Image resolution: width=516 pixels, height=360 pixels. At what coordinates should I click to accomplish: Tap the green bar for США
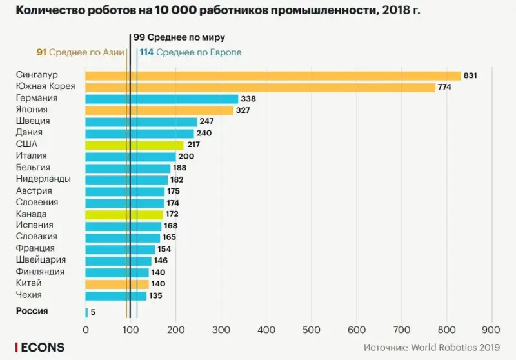(x=134, y=145)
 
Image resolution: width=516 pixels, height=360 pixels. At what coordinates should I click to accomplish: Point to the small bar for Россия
(x=86, y=313)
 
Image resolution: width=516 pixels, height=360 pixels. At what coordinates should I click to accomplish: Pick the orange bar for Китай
(x=117, y=284)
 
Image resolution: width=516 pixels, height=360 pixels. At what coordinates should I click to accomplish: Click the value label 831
(x=470, y=75)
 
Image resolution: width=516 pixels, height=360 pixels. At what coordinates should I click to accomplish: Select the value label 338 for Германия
(x=248, y=99)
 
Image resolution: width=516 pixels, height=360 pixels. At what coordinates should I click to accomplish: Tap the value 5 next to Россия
(x=94, y=313)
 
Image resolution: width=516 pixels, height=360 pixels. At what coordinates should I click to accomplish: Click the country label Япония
(x=31, y=110)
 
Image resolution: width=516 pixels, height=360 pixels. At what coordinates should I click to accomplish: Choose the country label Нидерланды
(x=43, y=179)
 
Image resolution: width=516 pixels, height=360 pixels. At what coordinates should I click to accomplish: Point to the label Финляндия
(x=40, y=272)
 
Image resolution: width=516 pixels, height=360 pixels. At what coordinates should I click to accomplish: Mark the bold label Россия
(x=32, y=311)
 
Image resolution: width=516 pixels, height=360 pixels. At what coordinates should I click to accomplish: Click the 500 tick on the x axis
(x=312, y=329)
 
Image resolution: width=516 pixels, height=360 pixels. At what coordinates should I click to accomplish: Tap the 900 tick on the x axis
(x=492, y=329)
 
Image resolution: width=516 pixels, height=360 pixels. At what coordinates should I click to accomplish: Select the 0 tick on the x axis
(x=86, y=329)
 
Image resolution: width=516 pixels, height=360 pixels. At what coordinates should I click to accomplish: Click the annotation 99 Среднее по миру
(x=179, y=38)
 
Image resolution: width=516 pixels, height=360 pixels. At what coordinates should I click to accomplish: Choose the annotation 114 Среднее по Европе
(x=190, y=52)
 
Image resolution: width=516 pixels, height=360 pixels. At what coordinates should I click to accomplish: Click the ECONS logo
(x=41, y=347)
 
